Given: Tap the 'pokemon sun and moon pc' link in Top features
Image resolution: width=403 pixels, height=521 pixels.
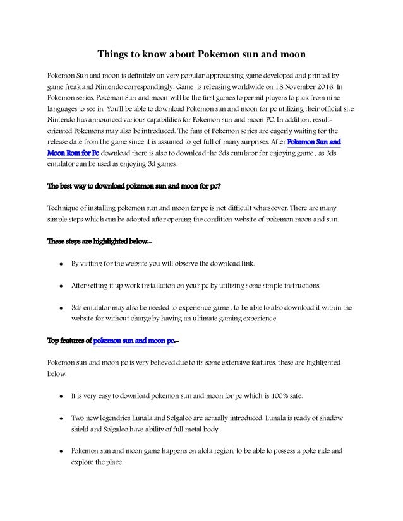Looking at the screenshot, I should pyautogui.click(x=133, y=342).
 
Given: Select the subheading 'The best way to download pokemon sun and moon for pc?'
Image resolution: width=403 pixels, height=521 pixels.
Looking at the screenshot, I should pyautogui.click(x=135, y=186).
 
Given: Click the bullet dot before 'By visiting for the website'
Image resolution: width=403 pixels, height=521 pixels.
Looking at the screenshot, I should pyautogui.click(x=58, y=264).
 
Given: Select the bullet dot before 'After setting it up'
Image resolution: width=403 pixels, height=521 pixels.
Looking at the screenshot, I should pyautogui.click(x=58, y=286).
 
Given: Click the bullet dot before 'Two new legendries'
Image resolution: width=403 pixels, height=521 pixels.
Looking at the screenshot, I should pyautogui.click(x=58, y=418).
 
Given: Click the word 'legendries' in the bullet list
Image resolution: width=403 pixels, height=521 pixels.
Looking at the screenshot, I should pyautogui.click(x=120, y=418).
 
